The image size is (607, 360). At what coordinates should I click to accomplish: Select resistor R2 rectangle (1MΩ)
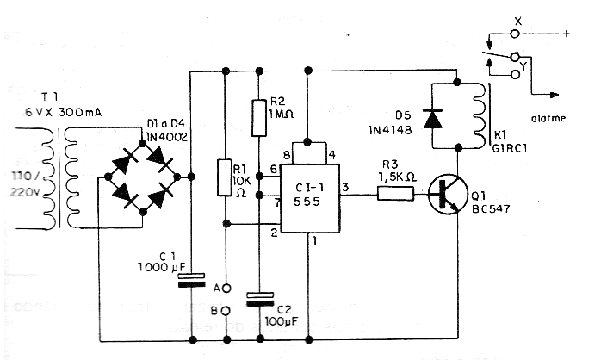click(x=257, y=118)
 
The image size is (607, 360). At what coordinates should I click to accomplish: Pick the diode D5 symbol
click(x=434, y=119)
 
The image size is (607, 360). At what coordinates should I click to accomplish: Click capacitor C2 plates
click(x=257, y=299)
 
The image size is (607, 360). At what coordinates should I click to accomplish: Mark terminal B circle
click(x=225, y=310)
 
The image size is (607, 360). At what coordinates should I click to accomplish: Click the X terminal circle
click(x=516, y=35)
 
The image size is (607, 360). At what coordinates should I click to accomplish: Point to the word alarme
click(x=548, y=118)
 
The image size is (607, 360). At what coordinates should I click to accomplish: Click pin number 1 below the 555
click(x=316, y=241)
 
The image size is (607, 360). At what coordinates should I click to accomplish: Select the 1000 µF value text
click(x=159, y=269)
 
